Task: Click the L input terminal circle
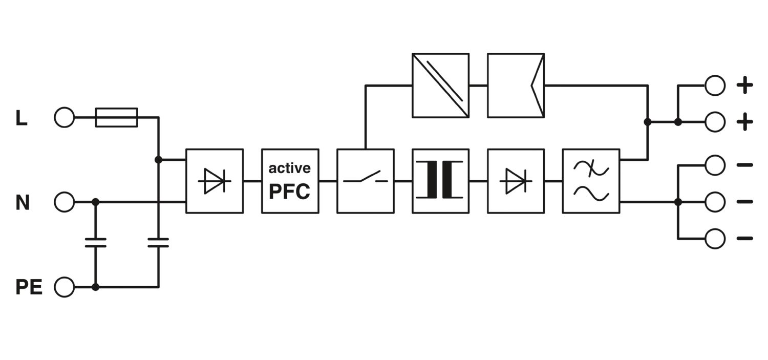click(65, 118)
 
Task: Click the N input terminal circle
click(65, 202)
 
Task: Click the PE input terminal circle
click(65, 287)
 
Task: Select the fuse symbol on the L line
click(117, 118)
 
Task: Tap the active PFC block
click(290, 181)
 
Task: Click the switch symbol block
click(365, 181)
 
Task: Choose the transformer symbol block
click(440, 181)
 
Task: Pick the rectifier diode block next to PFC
click(214, 181)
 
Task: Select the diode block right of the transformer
click(516, 181)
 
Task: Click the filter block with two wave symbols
click(591, 181)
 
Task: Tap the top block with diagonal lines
click(440, 86)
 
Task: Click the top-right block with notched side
click(516, 86)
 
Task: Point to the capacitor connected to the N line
click(95, 243)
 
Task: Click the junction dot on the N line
click(95, 202)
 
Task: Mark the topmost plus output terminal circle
click(715, 86)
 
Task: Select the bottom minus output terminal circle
click(715, 239)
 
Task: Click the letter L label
click(21, 119)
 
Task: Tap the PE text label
click(29, 287)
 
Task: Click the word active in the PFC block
click(290, 168)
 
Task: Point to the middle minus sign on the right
click(744, 202)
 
